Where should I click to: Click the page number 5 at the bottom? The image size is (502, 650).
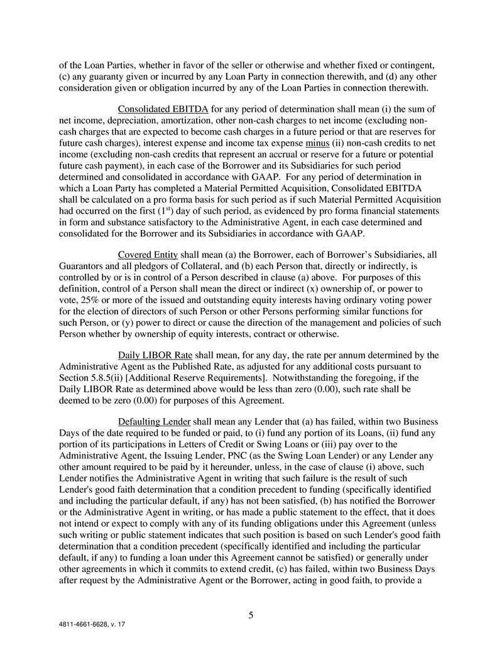coord(251,615)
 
